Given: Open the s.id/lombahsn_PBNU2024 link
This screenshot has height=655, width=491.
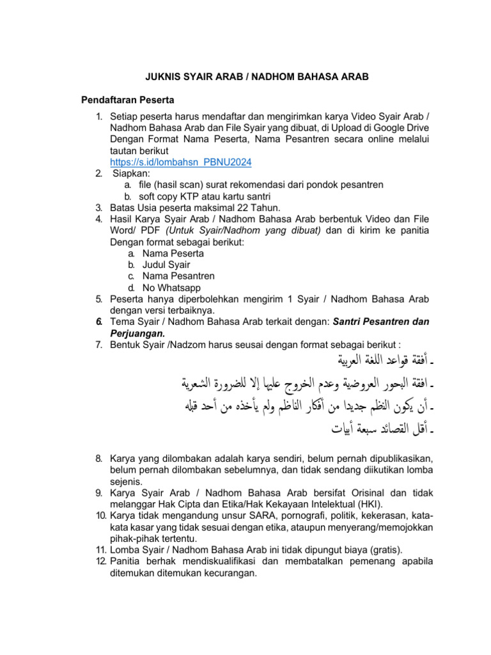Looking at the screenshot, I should [x=181, y=162].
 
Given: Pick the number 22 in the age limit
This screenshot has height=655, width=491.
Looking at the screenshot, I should [x=241, y=208].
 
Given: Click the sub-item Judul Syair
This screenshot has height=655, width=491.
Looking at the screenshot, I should [x=166, y=265].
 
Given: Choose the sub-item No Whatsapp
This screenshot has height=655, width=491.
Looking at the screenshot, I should [x=171, y=288].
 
